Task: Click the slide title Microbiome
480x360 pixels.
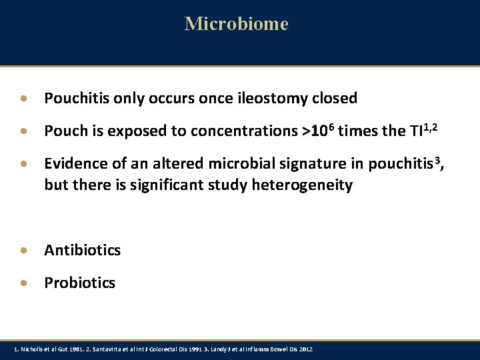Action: (237, 24)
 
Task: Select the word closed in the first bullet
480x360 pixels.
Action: (335, 99)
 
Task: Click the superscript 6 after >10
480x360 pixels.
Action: (330, 126)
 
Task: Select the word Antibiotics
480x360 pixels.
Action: (83, 251)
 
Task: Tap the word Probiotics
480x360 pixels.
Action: (79, 283)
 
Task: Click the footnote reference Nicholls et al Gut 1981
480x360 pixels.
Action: (50, 350)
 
